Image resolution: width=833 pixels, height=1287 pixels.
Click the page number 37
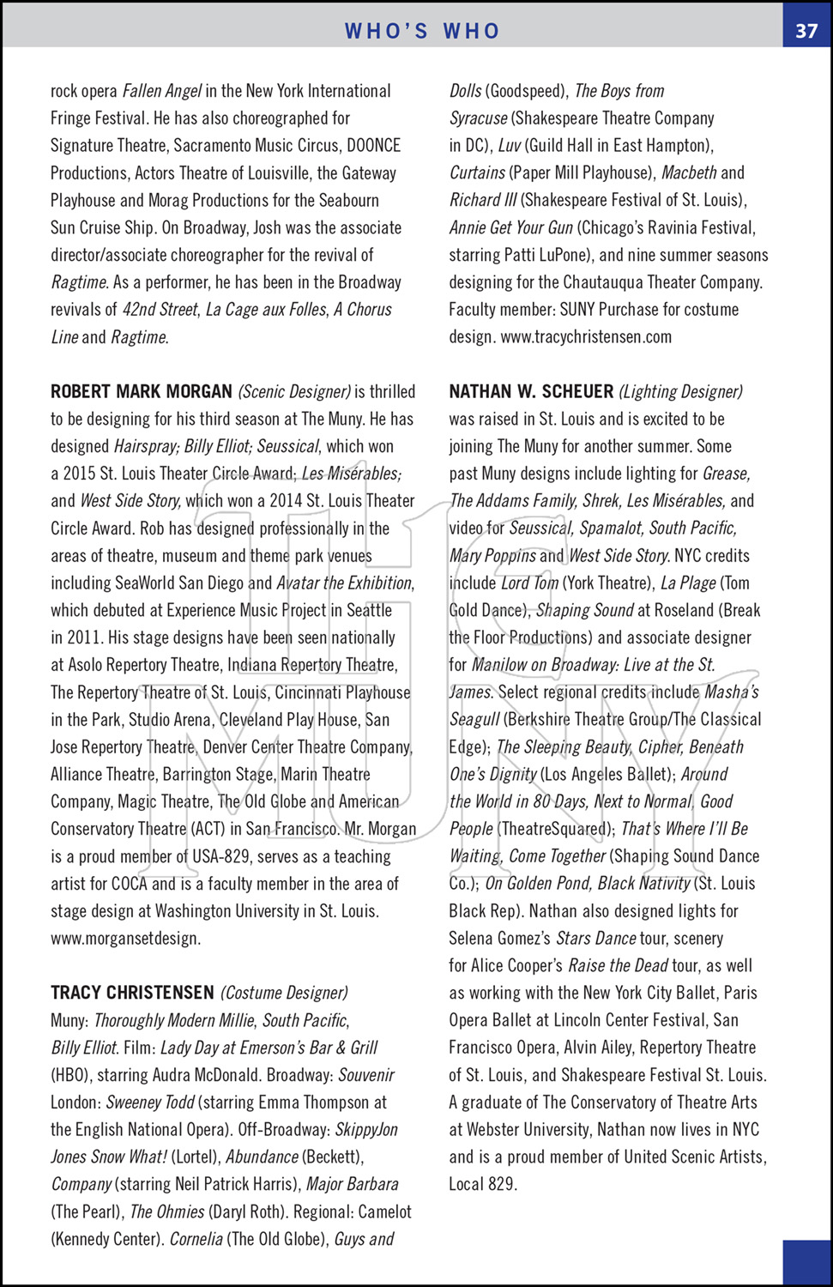(806, 31)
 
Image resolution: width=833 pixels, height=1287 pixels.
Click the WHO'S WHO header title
(422, 31)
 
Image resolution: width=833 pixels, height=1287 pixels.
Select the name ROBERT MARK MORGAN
(142, 392)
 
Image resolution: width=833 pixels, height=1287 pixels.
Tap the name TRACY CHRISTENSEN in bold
(132, 993)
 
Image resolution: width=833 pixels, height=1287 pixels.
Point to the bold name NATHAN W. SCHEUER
(531, 392)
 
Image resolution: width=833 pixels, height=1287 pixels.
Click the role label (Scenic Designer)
(294, 392)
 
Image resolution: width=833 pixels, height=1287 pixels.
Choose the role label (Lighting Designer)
(680, 392)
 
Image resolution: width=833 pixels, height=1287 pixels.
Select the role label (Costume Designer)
(284, 993)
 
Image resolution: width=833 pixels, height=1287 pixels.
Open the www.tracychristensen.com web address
(586, 337)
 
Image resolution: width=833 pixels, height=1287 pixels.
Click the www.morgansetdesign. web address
(125, 939)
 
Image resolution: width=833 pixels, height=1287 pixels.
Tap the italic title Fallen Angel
(162, 91)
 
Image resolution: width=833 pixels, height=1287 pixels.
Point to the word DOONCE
(373, 146)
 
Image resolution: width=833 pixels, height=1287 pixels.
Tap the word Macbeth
(689, 173)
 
